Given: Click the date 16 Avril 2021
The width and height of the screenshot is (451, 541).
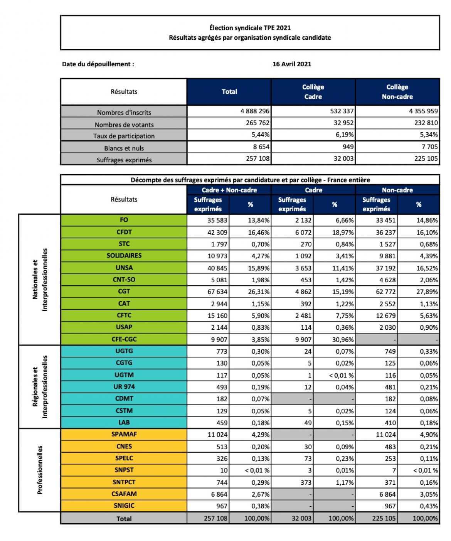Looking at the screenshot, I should (291, 64).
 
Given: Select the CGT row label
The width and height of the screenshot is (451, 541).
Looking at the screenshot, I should (124, 292).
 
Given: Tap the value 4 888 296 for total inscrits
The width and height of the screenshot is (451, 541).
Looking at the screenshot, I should (255, 111).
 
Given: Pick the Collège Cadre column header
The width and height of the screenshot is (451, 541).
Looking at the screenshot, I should (313, 92).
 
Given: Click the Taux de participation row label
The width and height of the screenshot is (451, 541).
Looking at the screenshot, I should (124, 136).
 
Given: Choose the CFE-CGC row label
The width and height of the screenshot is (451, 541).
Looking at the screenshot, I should (124, 339).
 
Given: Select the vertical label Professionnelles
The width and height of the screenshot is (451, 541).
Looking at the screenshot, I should (40, 470).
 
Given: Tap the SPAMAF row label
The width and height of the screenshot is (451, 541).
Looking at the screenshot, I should (124, 434).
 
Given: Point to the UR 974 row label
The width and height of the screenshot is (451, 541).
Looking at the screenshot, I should (124, 387).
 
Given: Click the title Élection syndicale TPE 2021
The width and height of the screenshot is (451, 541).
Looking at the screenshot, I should (250, 28).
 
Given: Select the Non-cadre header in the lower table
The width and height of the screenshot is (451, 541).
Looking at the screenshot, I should (397, 190).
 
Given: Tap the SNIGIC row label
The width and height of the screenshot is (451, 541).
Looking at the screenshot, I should (124, 506).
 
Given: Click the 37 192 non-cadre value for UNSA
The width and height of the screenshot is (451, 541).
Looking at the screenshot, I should (385, 268).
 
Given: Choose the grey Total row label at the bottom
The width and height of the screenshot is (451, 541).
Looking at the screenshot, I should (124, 519).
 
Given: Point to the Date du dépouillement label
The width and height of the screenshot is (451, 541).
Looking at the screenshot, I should (98, 64).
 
